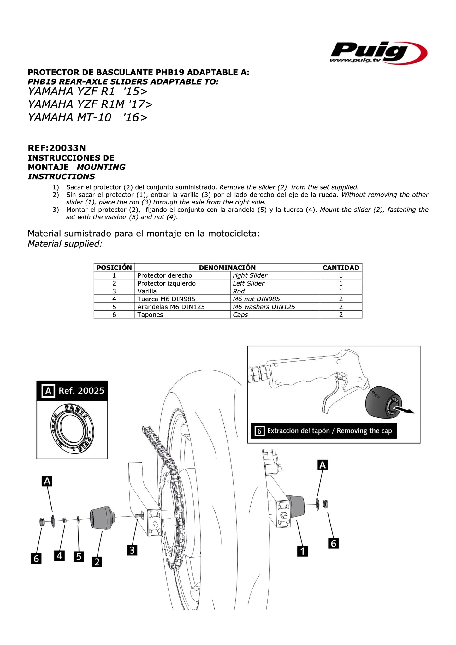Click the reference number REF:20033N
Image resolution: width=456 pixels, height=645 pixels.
pyautogui.click(x=57, y=148)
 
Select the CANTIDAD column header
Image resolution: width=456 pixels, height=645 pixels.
pyautogui.click(x=341, y=268)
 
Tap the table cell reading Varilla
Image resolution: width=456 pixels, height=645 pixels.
pyautogui.click(x=147, y=291)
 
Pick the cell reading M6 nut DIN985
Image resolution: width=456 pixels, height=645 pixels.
pyautogui.click(x=256, y=299)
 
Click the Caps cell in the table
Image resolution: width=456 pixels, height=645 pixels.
pyautogui.click(x=240, y=315)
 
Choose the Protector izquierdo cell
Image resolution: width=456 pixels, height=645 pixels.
pyautogui.click(x=166, y=283)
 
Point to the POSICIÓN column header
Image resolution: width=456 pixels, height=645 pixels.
pyautogui.click(x=114, y=268)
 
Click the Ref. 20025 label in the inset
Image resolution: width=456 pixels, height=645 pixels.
pyautogui.click(x=81, y=391)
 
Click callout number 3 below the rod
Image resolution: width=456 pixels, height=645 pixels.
pyautogui.click(x=132, y=550)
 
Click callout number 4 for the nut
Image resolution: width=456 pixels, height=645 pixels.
pyautogui.click(x=60, y=555)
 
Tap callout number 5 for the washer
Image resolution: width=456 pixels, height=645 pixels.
pyautogui.click(x=79, y=556)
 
